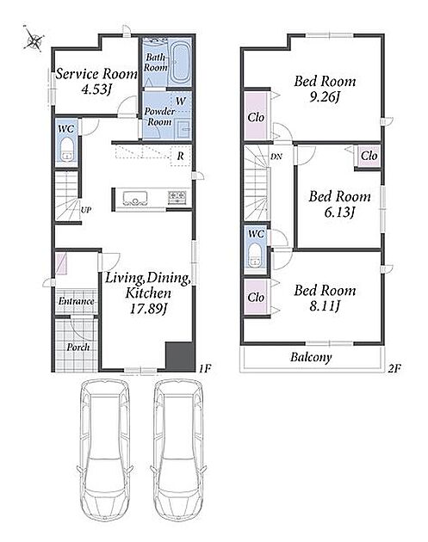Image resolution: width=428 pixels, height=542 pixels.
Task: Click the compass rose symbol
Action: point(34,39)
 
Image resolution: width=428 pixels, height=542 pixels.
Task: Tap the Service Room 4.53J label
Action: point(96,82)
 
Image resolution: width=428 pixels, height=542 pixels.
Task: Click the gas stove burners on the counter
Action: point(177,197)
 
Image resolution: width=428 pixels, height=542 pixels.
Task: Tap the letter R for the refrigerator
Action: point(181,157)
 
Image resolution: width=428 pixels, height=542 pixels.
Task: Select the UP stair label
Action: point(86,210)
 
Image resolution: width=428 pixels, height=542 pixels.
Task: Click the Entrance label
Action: point(76,301)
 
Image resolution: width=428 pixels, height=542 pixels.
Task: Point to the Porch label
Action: point(78,347)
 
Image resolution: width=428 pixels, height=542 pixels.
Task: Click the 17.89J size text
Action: point(149,309)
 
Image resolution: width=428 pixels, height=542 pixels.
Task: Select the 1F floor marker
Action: point(205,369)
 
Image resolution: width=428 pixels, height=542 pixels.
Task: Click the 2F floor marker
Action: point(394,368)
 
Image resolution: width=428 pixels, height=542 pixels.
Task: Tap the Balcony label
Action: point(311,357)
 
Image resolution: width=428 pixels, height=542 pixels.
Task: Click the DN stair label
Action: point(276,157)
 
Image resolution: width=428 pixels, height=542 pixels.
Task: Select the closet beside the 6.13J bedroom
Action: point(369,156)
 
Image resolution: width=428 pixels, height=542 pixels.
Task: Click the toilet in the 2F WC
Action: point(256,256)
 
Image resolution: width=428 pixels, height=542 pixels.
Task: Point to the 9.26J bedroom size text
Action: point(324,98)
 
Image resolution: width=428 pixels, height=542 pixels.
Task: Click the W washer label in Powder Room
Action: point(181,102)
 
